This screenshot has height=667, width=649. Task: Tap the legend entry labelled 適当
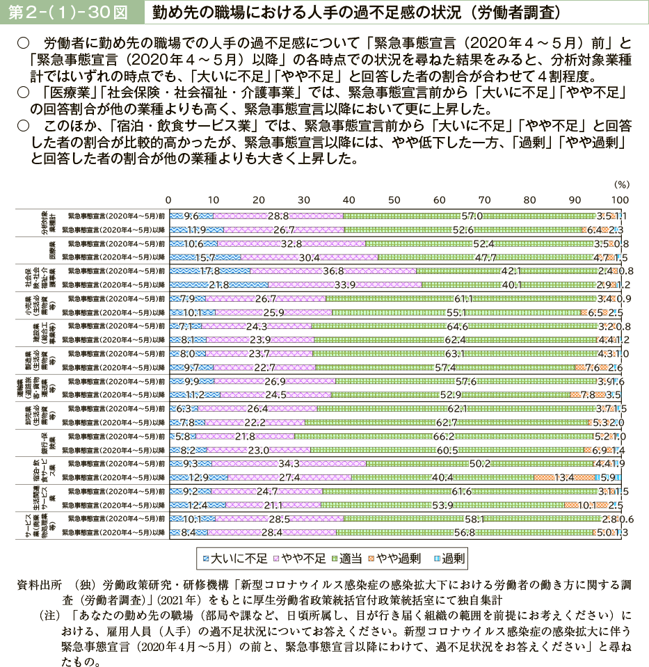356,557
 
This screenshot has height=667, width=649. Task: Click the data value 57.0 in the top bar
472,216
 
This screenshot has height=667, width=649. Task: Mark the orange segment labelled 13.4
564,477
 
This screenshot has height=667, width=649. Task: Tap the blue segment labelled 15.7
204,257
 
